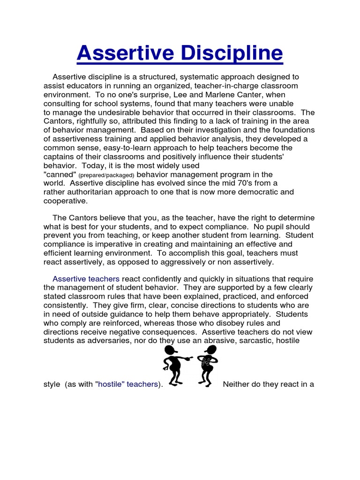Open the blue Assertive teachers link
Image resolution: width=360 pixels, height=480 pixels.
pos(86,278)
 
